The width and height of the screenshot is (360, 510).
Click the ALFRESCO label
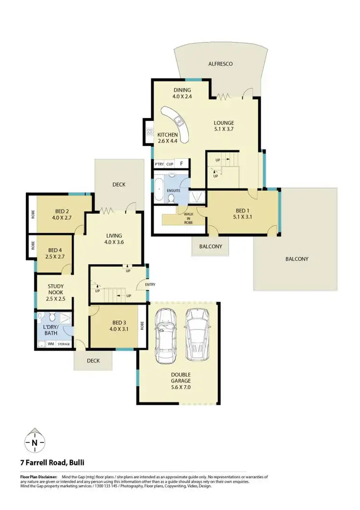click(x=220, y=63)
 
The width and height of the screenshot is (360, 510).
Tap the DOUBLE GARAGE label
click(x=180, y=378)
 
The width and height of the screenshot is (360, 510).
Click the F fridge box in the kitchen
click(x=182, y=164)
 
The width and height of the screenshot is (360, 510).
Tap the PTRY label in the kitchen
click(x=159, y=164)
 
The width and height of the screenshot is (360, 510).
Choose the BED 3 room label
click(x=118, y=322)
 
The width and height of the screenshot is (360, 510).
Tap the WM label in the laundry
click(x=50, y=344)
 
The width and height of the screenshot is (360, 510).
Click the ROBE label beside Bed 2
click(x=33, y=215)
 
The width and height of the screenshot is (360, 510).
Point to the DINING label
click(x=181, y=90)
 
